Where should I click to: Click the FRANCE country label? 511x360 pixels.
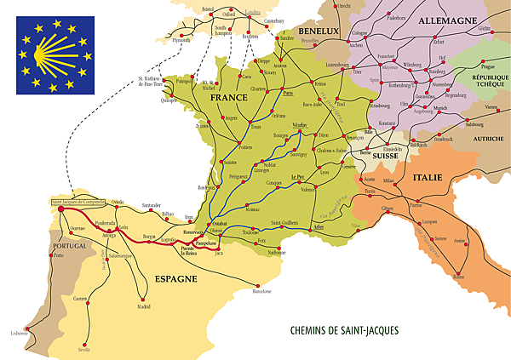point(227,100)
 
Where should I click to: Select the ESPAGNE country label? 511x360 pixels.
point(176,278)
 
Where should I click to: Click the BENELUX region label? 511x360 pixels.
point(319,31)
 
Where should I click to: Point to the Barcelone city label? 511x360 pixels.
point(261,291)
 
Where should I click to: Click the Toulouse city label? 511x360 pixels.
point(250,231)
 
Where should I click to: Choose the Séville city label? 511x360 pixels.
point(83,349)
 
